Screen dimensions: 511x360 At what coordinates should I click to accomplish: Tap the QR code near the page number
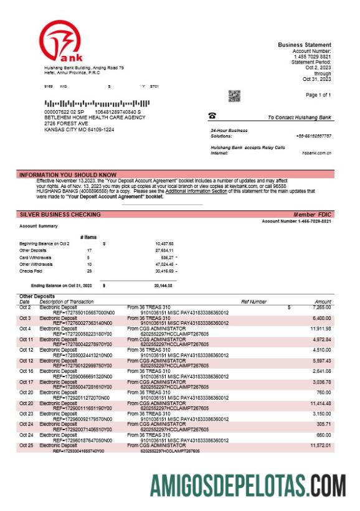pyautogui.click(x=234, y=96)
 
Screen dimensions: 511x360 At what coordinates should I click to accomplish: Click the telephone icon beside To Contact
pyautogui.click(x=212, y=116)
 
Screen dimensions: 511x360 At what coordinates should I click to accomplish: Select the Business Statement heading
pyautogui.click(x=305, y=45)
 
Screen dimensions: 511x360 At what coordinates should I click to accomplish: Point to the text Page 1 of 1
pyautogui.click(x=318, y=95)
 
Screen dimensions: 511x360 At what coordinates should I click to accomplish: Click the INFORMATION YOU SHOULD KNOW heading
pyautogui.click(x=68, y=175)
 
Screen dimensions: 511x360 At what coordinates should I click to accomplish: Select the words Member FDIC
pyautogui.click(x=313, y=214)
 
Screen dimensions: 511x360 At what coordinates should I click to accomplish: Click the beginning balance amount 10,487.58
pyautogui.click(x=164, y=243)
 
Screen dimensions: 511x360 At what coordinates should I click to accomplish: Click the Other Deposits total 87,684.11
pyautogui.click(x=164, y=250)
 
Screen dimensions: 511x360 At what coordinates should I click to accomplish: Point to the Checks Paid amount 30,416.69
pyautogui.click(x=164, y=271)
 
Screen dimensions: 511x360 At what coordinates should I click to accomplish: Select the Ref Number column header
pyautogui.click(x=253, y=301)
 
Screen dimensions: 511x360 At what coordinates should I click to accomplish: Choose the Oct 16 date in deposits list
pyautogui.click(x=26, y=370)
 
